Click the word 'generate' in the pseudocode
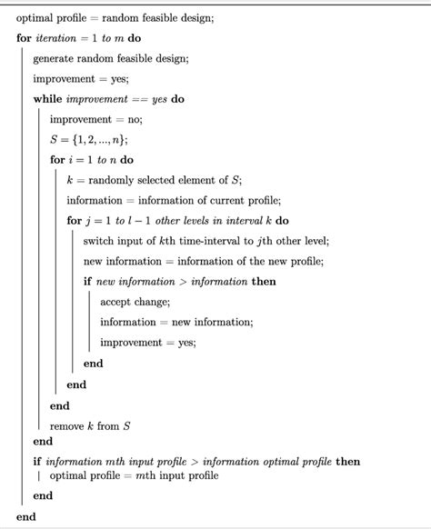55,59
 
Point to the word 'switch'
100,241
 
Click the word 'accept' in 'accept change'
117,302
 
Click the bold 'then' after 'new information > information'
265,282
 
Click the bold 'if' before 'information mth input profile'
37,462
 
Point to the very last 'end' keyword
25,516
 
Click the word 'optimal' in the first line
35,18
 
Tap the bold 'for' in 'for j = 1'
75,221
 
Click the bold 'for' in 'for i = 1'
58,160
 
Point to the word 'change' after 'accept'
156,302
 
